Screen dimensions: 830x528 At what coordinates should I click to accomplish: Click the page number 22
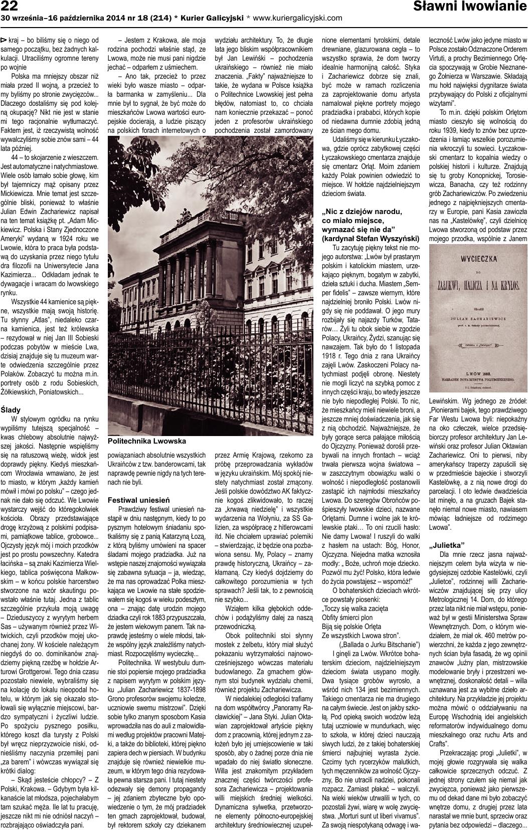pyautogui.click(x=10, y=6)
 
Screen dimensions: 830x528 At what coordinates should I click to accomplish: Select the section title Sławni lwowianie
pyautogui.click(x=470, y=7)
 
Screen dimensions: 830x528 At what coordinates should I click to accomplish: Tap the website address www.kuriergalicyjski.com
pyautogui.click(x=298, y=18)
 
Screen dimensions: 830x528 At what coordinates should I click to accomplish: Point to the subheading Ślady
pyautogui.click(x=11, y=409)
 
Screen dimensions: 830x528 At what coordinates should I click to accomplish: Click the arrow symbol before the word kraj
pyautogui.click(x=5, y=39)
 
